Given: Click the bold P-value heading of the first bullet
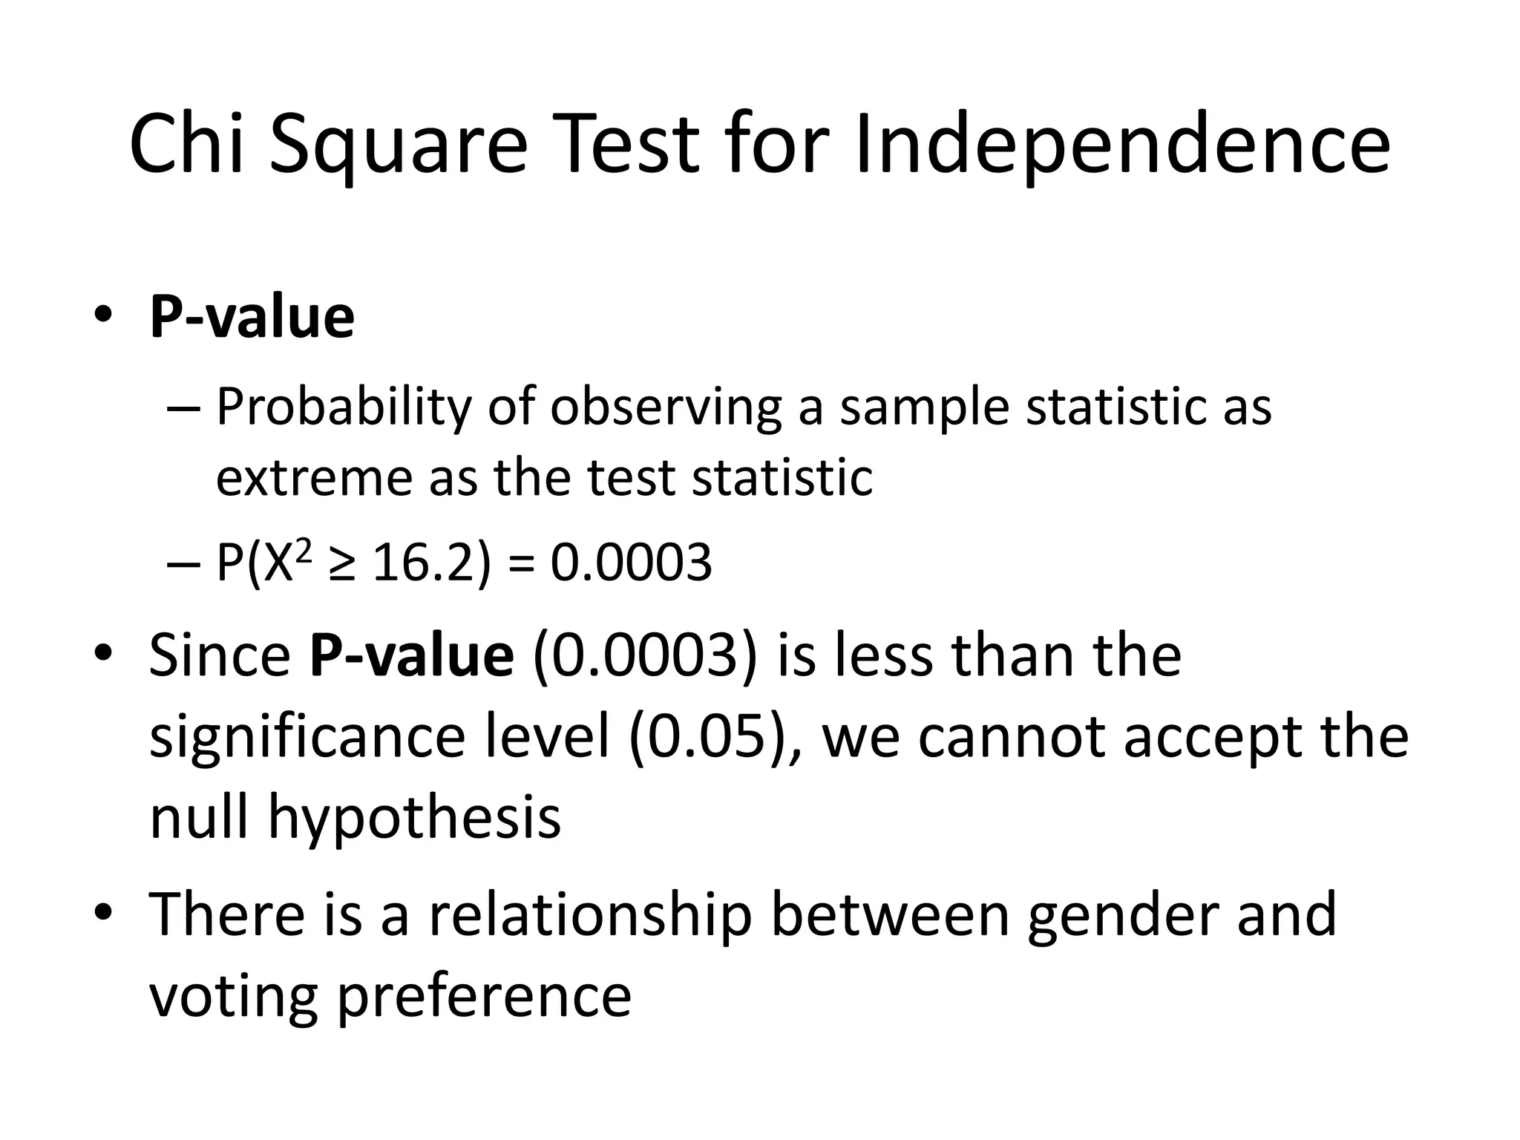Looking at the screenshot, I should [x=252, y=318].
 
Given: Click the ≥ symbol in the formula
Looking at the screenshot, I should [x=339, y=564].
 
